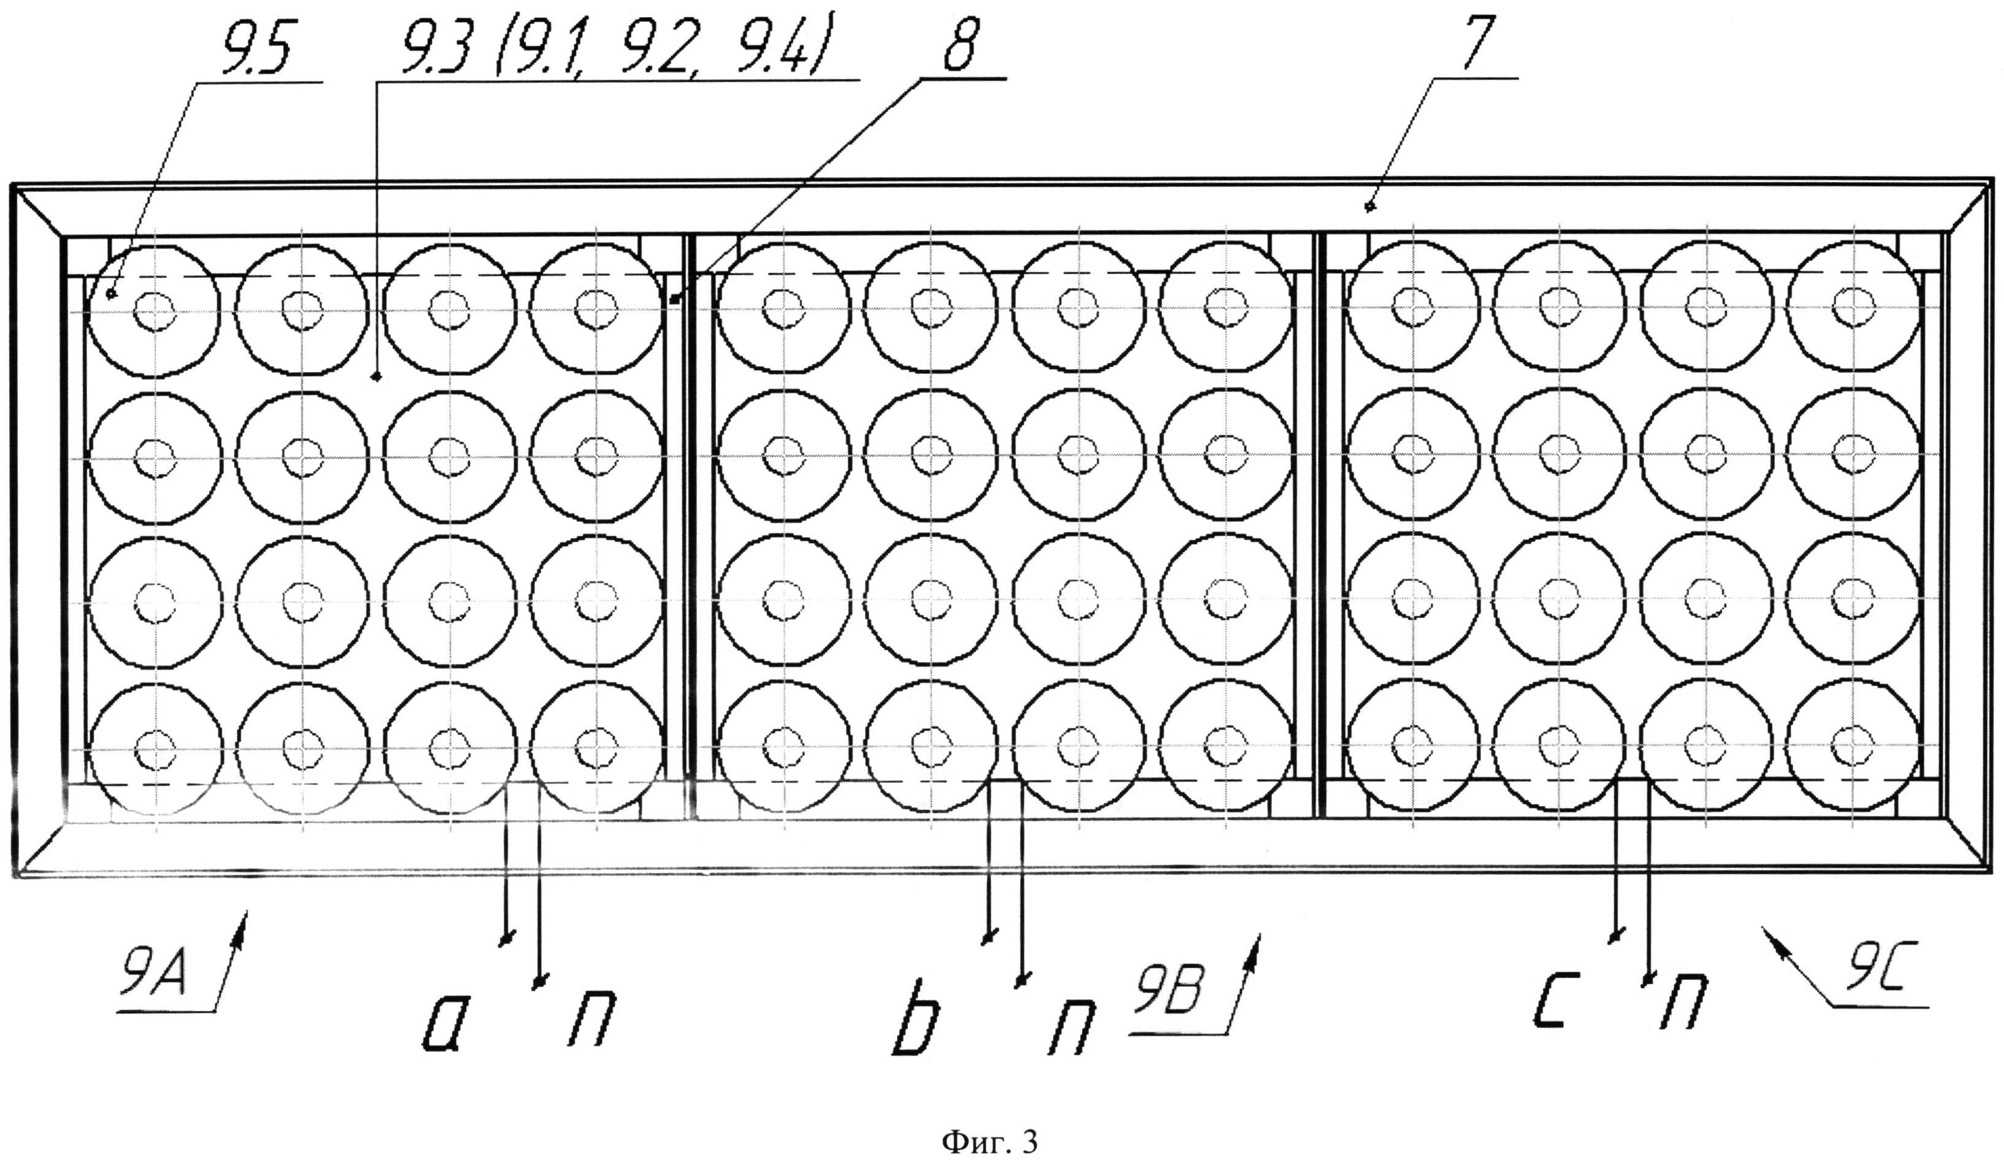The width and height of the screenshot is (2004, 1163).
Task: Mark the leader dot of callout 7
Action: (x=1370, y=208)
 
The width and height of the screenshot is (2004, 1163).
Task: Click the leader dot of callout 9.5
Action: (x=110, y=294)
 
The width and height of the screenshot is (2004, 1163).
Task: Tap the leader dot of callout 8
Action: (x=674, y=300)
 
